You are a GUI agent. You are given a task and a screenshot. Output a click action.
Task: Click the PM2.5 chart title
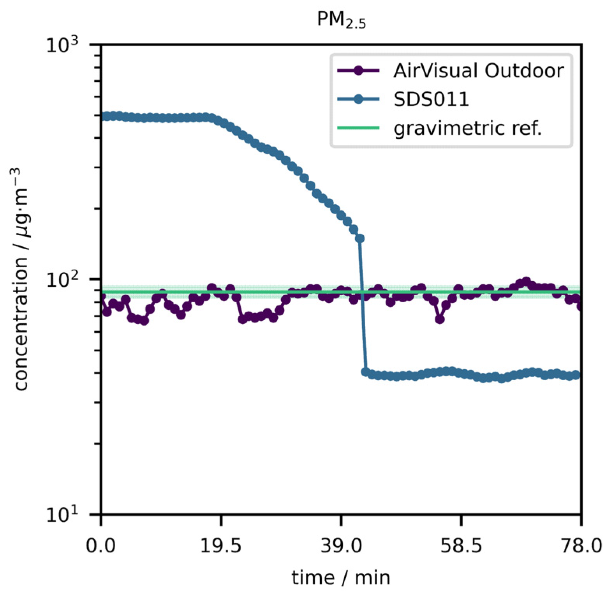342,21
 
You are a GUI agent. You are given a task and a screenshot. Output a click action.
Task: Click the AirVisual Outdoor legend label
479,71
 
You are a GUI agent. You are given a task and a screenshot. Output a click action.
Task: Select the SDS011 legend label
431,100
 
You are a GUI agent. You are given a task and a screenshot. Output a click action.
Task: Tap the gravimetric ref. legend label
467,129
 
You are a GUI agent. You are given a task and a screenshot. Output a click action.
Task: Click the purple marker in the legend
358,71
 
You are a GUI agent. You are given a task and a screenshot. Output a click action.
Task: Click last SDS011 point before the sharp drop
360,238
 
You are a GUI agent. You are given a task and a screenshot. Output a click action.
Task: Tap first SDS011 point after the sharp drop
365,372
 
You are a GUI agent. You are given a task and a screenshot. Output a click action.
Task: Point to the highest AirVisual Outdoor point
527,281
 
